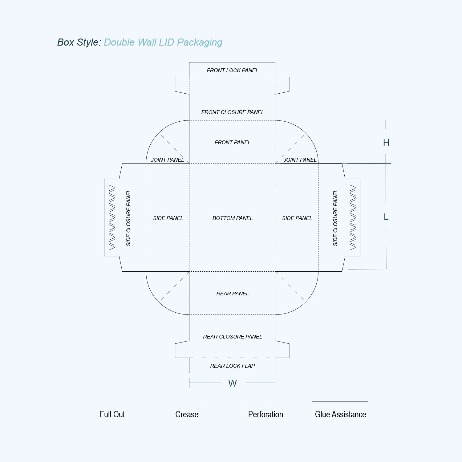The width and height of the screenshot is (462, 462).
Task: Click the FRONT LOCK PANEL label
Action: [233, 70]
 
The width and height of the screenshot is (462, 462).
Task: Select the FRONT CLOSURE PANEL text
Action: [233, 112]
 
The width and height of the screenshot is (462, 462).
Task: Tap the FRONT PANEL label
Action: [233, 142]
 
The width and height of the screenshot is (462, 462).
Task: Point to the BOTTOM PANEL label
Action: [233, 218]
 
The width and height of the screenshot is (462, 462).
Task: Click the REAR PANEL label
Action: [233, 294]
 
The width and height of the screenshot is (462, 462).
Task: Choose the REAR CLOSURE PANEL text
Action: [233, 337]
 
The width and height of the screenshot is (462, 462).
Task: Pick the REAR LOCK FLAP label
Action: [233, 366]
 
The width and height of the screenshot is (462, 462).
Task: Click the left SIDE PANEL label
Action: [168, 218]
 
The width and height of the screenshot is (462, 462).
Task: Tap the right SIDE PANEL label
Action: [297, 218]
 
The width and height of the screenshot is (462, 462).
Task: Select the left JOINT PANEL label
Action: [167, 160]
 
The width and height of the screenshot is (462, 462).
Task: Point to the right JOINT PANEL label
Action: [300, 160]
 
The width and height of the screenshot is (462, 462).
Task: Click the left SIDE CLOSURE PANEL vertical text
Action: [128, 218]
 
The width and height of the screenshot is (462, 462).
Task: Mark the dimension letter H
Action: [386, 143]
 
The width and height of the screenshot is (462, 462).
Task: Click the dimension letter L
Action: [386, 217]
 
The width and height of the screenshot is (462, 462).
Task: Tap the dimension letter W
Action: [233, 383]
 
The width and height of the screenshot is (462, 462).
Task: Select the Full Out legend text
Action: [112, 414]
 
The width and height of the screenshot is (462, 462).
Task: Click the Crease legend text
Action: [187, 414]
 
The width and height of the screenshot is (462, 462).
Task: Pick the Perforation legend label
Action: [265, 414]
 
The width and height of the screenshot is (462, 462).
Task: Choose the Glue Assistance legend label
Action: [340, 414]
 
